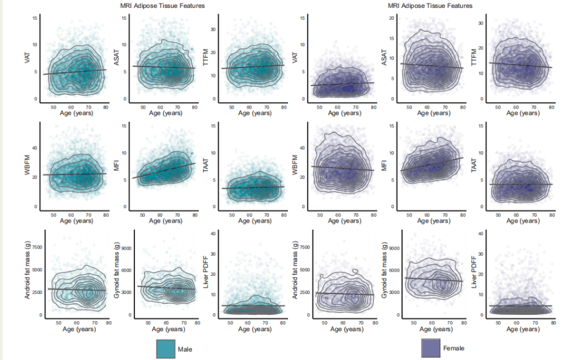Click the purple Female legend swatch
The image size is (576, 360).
tap(431, 348)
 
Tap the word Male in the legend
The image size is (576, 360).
tap(185, 349)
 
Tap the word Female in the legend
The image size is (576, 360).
tap(453, 348)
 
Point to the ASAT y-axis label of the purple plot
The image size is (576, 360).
tap(383, 56)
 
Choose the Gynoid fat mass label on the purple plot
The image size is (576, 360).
tap(383, 272)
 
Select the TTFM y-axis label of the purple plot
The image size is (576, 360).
tap(472, 56)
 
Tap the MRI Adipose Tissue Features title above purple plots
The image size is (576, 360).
tap(430, 5)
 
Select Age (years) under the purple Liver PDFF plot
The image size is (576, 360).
tap(520, 329)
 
